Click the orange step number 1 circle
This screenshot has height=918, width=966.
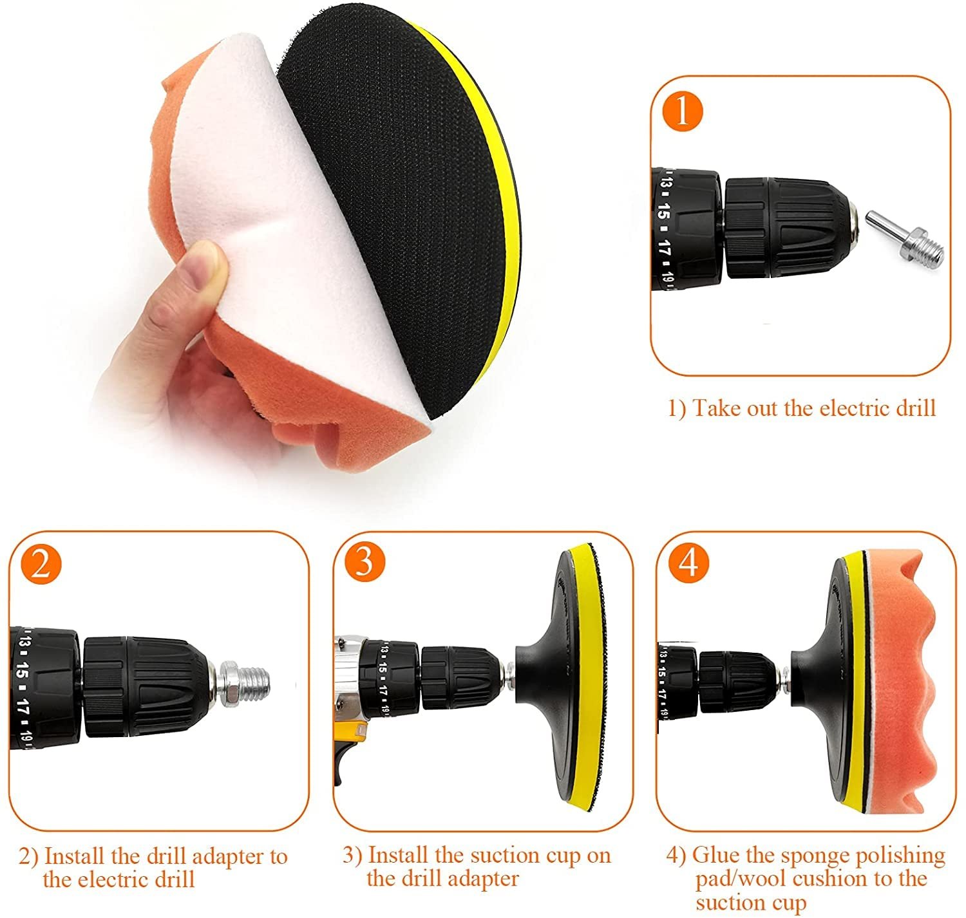coord(682,111)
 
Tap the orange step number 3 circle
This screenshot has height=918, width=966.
coord(364,561)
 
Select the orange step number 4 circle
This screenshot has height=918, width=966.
coord(688,563)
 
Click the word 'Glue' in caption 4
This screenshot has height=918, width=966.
coord(715,855)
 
